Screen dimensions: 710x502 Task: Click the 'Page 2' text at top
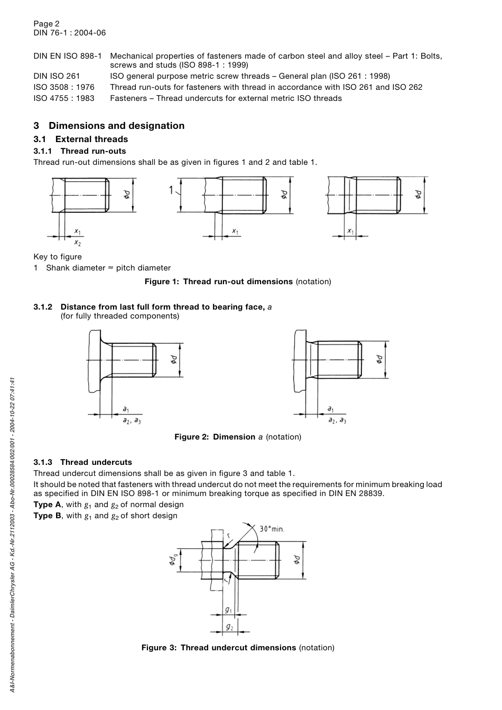pyautogui.click(x=47, y=23)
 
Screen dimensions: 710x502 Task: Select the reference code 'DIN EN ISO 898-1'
pyautogui.click(x=68, y=56)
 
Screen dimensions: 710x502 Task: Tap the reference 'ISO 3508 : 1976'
pyautogui.click(x=64, y=87)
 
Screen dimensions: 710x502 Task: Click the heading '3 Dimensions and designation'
pyautogui.click(x=109, y=126)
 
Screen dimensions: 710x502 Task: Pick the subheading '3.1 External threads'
pyautogui.click(x=81, y=139)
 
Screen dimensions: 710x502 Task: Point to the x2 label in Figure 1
pyautogui.click(x=78, y=243)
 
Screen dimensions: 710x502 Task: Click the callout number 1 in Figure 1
pyautogui.click(x=171, y=190)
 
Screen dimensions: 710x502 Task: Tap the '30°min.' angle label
pyautogui.click(x=272, y=529)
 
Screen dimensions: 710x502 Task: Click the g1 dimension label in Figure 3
pyautogui.click(x=228, y=610)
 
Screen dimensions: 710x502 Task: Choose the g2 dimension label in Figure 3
pyautogui.click(x=229, y=627)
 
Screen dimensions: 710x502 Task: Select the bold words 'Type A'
pyautogui.click(x=47, y=505)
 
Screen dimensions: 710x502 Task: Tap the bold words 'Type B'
pyautogui.click(x=47, y=516)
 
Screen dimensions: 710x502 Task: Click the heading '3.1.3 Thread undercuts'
pyautogui.click(x=83, y=462)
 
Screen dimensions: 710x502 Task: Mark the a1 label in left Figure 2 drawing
pyautogui.click(x=126, y=409)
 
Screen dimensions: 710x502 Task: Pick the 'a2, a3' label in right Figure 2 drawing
pyautogui.click(x=337, y=421)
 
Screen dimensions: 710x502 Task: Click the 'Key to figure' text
pyautogui.click(x=58, y=257)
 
